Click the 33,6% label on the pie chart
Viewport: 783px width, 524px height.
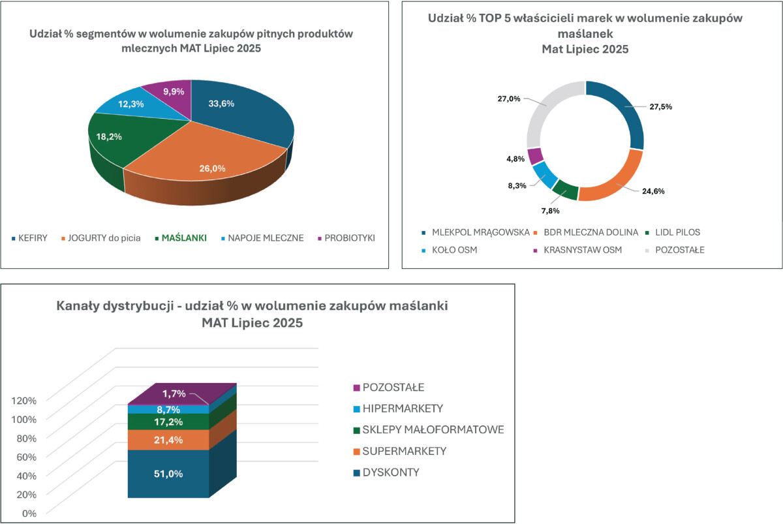point(221,103)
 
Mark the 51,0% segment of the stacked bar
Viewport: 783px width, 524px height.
point(168,474)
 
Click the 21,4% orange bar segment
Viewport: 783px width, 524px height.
point(168,440)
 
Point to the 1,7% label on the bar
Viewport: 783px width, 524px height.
point(174,393)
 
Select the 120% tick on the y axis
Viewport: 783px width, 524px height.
point(23,399)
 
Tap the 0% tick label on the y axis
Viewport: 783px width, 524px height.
point(29,513)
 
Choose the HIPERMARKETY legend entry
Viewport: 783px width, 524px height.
point(403,408)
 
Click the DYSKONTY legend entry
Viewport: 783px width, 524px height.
point(391,472)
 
